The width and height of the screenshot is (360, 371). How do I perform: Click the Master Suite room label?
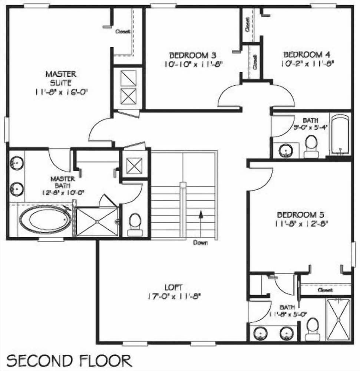point(61,78)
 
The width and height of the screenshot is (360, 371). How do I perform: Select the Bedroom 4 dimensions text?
point(307,63)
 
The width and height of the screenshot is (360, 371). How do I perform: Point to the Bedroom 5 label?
point(302,214)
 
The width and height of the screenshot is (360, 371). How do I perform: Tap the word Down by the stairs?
point(200,243)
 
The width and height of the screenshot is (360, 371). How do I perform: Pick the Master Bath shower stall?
point(97,221)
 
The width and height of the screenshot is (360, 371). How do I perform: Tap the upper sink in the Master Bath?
point(16,162)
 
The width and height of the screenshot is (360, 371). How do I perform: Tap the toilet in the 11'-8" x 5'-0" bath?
point(313,329)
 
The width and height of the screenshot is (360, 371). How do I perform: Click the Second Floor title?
point(69,361)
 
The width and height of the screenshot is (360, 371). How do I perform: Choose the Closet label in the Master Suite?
point(122,32)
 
